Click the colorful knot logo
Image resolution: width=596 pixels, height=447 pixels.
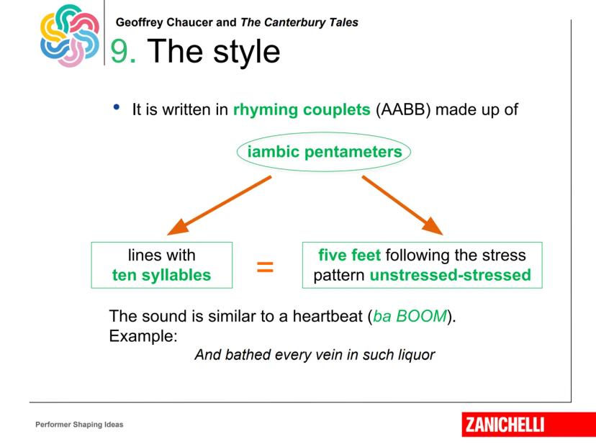tap(70, 35)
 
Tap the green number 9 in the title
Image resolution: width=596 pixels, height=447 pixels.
tap(119, 51)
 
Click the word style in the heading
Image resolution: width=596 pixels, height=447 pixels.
tap(246, 52)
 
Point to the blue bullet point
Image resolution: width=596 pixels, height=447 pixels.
tap(117, 107)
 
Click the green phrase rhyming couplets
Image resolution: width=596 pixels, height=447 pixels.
tap(302, 110)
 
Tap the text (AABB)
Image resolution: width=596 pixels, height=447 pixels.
tap(403, 110)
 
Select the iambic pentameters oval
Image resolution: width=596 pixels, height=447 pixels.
tap(323, 152)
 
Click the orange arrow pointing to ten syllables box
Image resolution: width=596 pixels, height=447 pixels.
tap(220, 205)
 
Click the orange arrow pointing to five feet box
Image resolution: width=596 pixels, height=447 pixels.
tap(402, 205)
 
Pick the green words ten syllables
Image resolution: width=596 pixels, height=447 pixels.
tap(161, 275)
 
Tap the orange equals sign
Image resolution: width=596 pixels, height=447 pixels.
tap(265, 267)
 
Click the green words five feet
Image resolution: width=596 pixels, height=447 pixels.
tap(349, 255)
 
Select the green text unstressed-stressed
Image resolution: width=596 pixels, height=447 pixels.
tap(450, 275)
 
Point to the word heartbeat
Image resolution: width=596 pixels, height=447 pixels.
tap(328, 316)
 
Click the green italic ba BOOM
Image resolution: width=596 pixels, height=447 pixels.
tap(410, 316)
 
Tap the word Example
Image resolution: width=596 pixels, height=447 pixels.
tap(143, 336)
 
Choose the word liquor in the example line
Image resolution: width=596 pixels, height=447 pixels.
tap(416, 355)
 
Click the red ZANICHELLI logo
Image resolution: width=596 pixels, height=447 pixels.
tap(529, 425)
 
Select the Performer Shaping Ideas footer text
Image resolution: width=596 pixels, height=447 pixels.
tap(79, 425)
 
